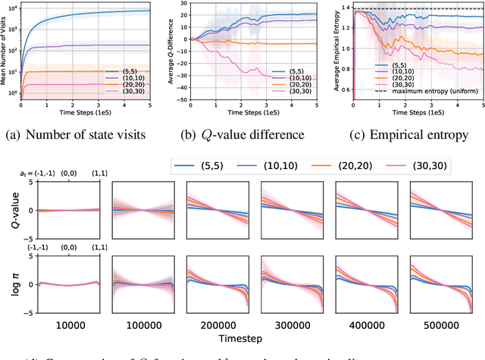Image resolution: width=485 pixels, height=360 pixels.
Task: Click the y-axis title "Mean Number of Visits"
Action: pyautogui.click(x=5, y=50)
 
